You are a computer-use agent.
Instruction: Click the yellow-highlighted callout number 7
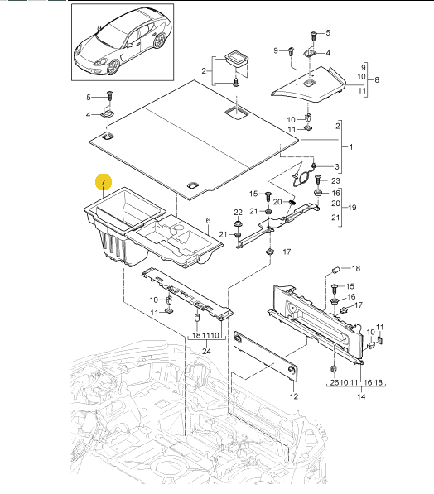(x=103, y=182)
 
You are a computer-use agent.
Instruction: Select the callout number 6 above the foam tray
(x=208, y=221)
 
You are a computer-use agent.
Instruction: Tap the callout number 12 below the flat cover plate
(x=294, y=396)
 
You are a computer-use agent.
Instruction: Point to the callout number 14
(x=361, y=396)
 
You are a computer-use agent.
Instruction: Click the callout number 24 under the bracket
(x=206, y=351)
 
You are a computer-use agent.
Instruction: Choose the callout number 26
(x=334, y=382)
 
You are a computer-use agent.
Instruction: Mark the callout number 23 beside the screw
(x=336, y=180)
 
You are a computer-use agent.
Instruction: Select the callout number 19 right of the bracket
(x=352, y=208)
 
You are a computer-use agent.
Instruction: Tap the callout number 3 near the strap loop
(x=337, y=166)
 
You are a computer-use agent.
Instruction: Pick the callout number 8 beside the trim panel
(x=377, y=79)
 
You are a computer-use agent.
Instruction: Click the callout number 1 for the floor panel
(x=351, y=146)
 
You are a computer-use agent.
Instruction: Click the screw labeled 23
(x=318, y=180)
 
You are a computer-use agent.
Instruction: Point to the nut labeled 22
(x=238, y=224)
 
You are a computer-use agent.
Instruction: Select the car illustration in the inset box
(x=123, y=42)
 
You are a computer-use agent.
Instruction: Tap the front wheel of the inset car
(x=113, y=67)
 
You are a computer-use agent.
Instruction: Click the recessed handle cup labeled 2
(x=236, y=60)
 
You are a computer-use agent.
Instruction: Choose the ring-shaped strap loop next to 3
(x=303, y=179)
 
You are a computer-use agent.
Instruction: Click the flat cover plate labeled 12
(x=266, y=355)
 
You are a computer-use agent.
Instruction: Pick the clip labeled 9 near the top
(x=292, y=51)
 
